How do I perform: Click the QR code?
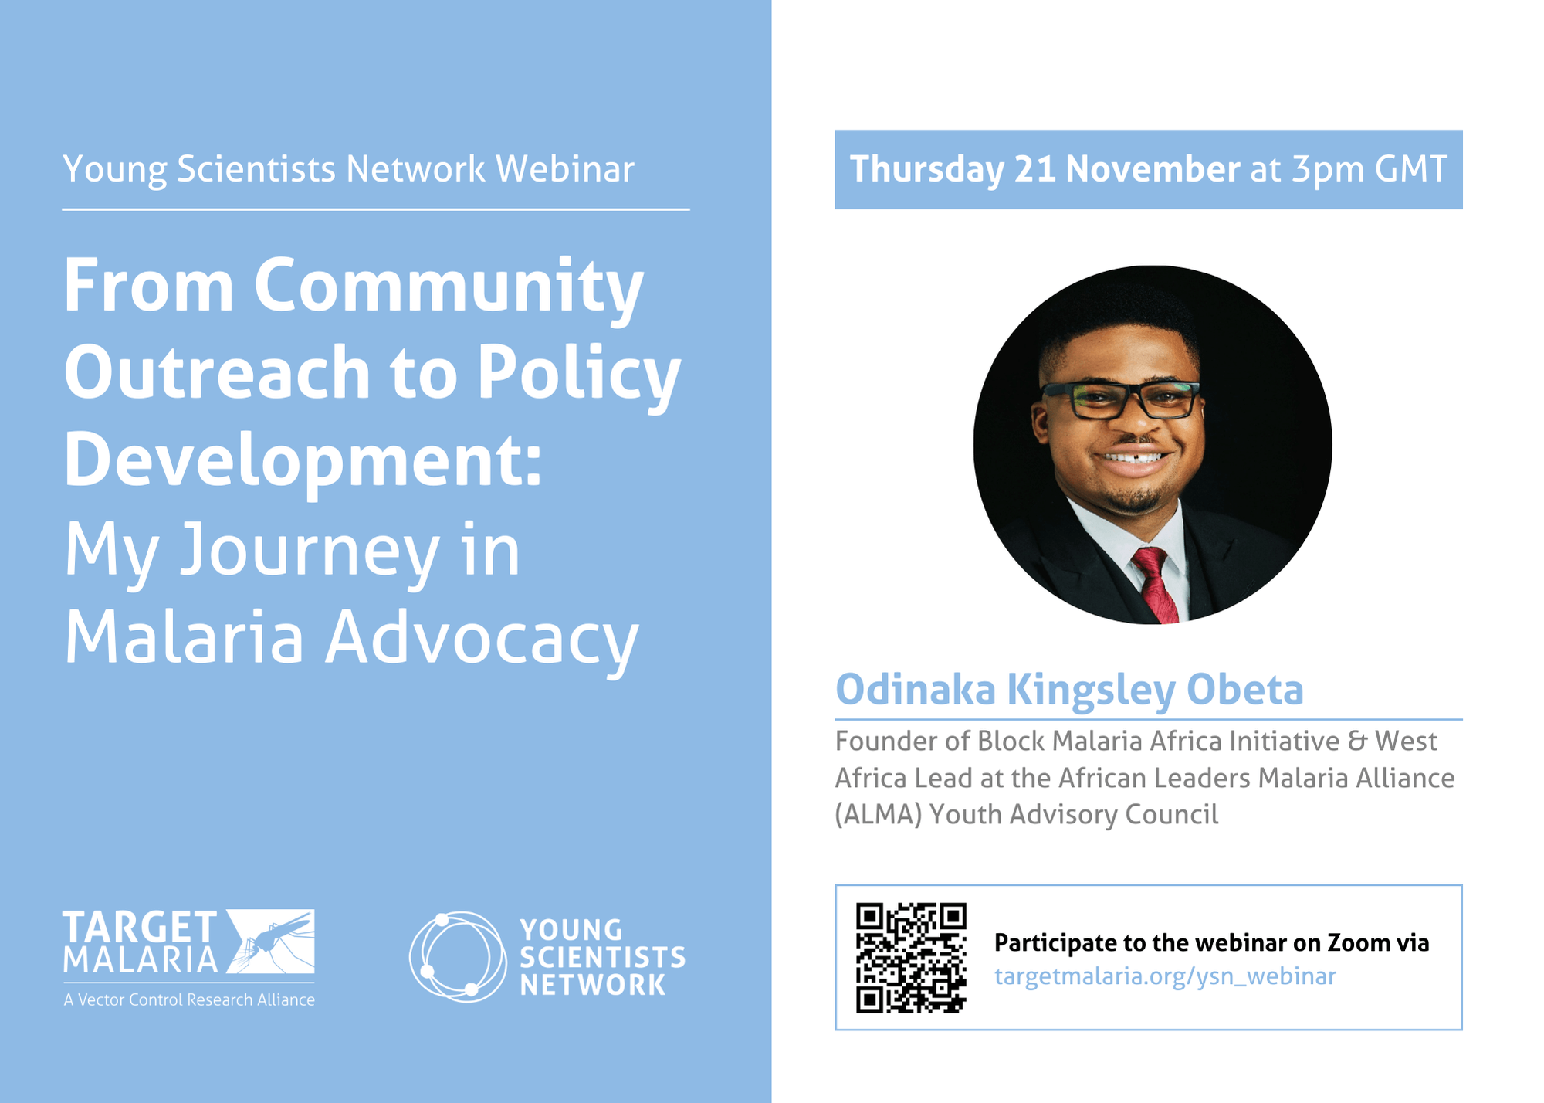[911, 957]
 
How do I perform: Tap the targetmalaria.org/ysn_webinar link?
[1165, 976]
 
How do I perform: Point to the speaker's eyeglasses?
[1120, 399]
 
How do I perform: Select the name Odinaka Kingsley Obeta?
[1069, 689]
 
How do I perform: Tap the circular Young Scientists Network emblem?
[457, 956]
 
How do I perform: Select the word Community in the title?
[449, 286]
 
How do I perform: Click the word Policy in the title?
[579, 373]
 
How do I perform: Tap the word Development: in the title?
[303, 460]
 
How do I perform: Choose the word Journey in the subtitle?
[310, 551]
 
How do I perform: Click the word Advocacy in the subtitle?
[482, 638]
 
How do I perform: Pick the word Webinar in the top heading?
[565, 169]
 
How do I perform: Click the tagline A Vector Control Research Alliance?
[189, 999]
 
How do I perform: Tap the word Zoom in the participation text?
[1359, 942]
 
